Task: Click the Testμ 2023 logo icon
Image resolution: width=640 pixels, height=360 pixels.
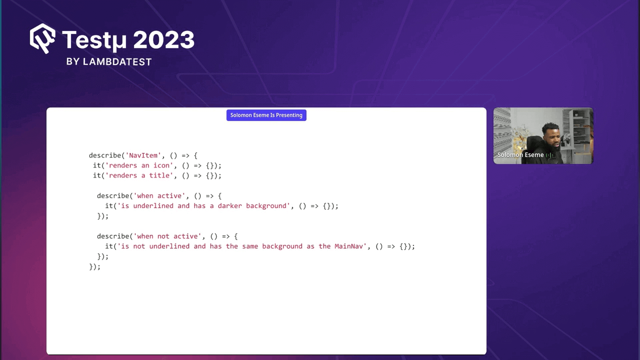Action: click(x=42, y=38)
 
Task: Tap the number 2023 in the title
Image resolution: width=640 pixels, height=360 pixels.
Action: click(x=164, y=40)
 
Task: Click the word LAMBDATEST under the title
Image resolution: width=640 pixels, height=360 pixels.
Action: click(x=117, y=62)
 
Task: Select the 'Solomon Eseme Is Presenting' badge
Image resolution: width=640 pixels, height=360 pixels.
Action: click(x=266, y=115)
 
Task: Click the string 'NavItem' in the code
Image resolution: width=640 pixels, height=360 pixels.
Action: click(x=143, y=155)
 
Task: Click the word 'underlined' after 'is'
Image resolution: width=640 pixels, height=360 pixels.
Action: click(x=153, y=206)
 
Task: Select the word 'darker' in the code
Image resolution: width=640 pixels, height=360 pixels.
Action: click(x=230, y=206)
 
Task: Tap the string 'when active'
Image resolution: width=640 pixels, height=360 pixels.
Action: click(x=159, y=196)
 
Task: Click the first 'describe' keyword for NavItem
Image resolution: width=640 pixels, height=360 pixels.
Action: click(x=105, y=155)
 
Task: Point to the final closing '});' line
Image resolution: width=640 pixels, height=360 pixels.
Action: click(x=95, y=266)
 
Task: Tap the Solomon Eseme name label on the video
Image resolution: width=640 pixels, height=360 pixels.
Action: click(x=520, y=155)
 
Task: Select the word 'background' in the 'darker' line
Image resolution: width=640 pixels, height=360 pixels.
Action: click(x=266, y=206)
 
